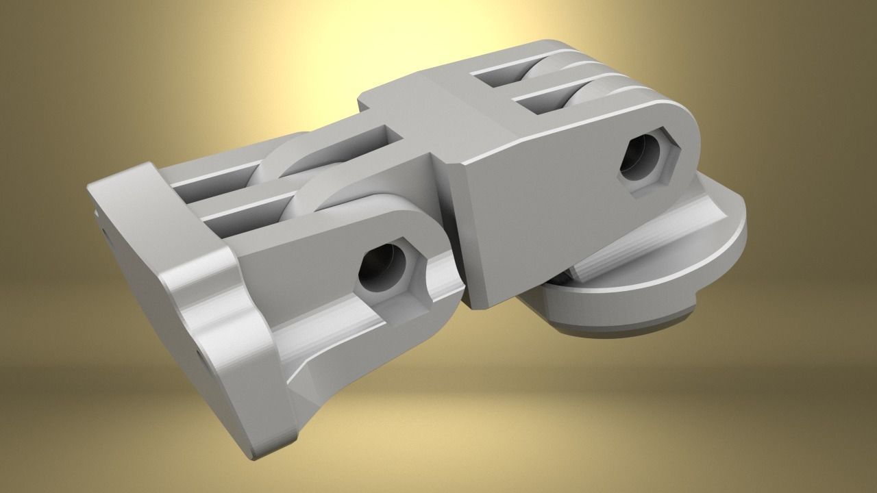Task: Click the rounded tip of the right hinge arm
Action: tap(692, 137)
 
